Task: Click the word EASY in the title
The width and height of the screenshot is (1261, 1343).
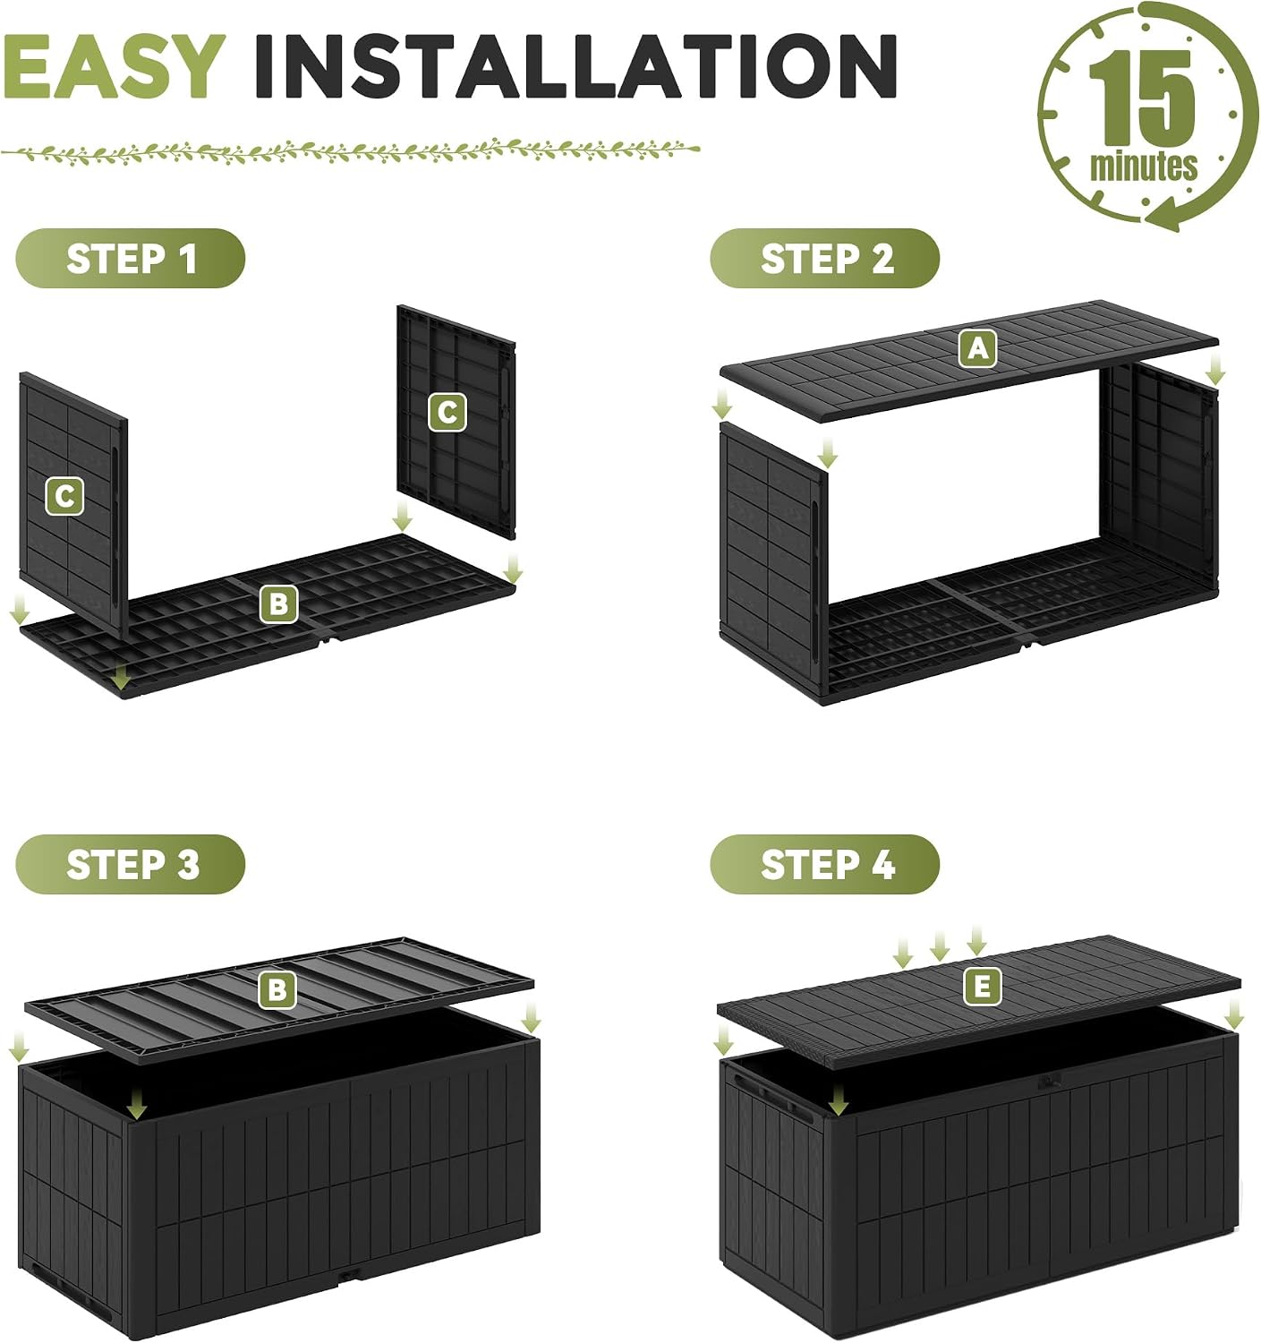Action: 112,65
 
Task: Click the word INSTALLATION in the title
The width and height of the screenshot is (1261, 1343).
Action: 576,65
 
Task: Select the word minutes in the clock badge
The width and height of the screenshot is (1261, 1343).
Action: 1143,166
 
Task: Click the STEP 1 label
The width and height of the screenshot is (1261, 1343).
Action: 132,259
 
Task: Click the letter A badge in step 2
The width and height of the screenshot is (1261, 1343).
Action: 977,349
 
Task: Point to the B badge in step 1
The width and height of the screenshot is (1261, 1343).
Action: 278,603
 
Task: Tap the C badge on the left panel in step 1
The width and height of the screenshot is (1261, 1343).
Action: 65,496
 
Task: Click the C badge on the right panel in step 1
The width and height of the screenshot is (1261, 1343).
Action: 447,412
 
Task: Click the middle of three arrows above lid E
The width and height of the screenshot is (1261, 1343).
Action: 939,945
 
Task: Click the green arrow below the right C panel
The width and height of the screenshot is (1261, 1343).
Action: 403,518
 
